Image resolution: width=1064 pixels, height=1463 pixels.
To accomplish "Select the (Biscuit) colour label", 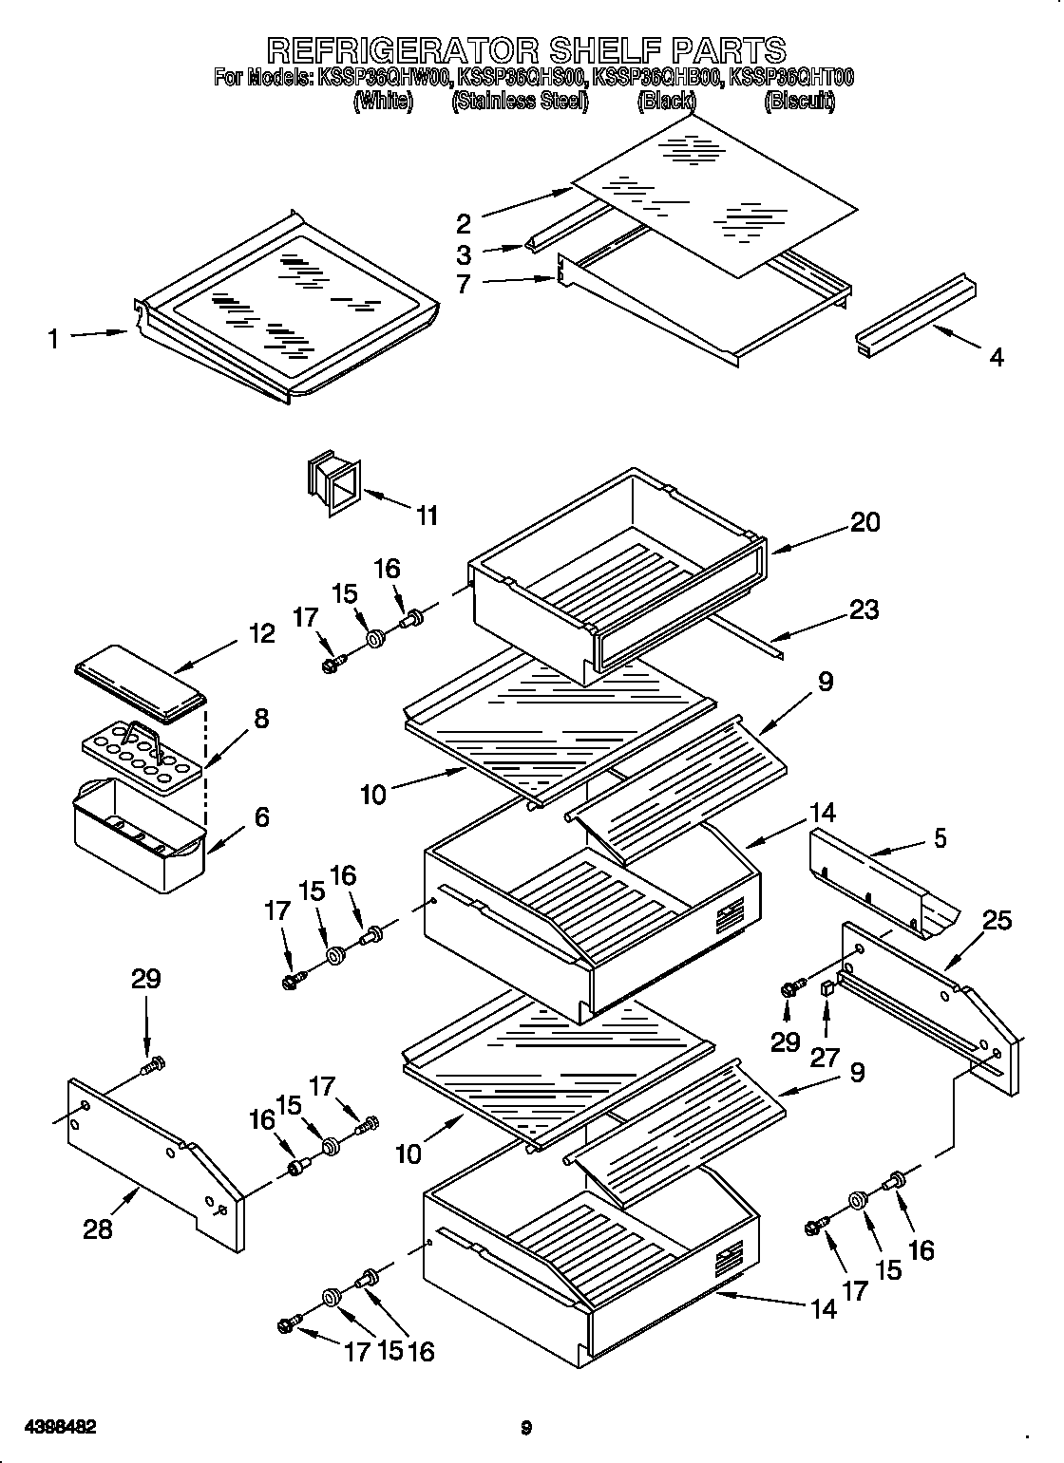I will [x=799, y=102].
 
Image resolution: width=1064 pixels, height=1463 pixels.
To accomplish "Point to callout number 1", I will [x=54, y=337].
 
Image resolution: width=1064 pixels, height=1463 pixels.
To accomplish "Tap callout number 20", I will [x=864, y=521].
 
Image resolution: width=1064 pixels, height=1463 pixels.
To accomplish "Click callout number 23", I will [x=864, y=609].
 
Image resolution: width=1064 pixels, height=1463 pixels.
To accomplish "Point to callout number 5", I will [x=940, y=838].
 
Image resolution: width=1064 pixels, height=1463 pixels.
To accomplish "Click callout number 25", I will [x=997, y=919].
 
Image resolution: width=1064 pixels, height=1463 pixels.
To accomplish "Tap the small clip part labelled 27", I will [x=826, y=991].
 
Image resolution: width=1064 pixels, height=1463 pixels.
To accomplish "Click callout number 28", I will [x=98, y=1229].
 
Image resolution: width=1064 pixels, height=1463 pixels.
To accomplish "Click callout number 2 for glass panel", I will [x=463, y=224].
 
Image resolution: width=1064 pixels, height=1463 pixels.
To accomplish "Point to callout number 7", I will [x=463, y=283].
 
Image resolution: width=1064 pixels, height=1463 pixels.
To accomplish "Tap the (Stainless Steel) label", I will [x=520, y=102].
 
